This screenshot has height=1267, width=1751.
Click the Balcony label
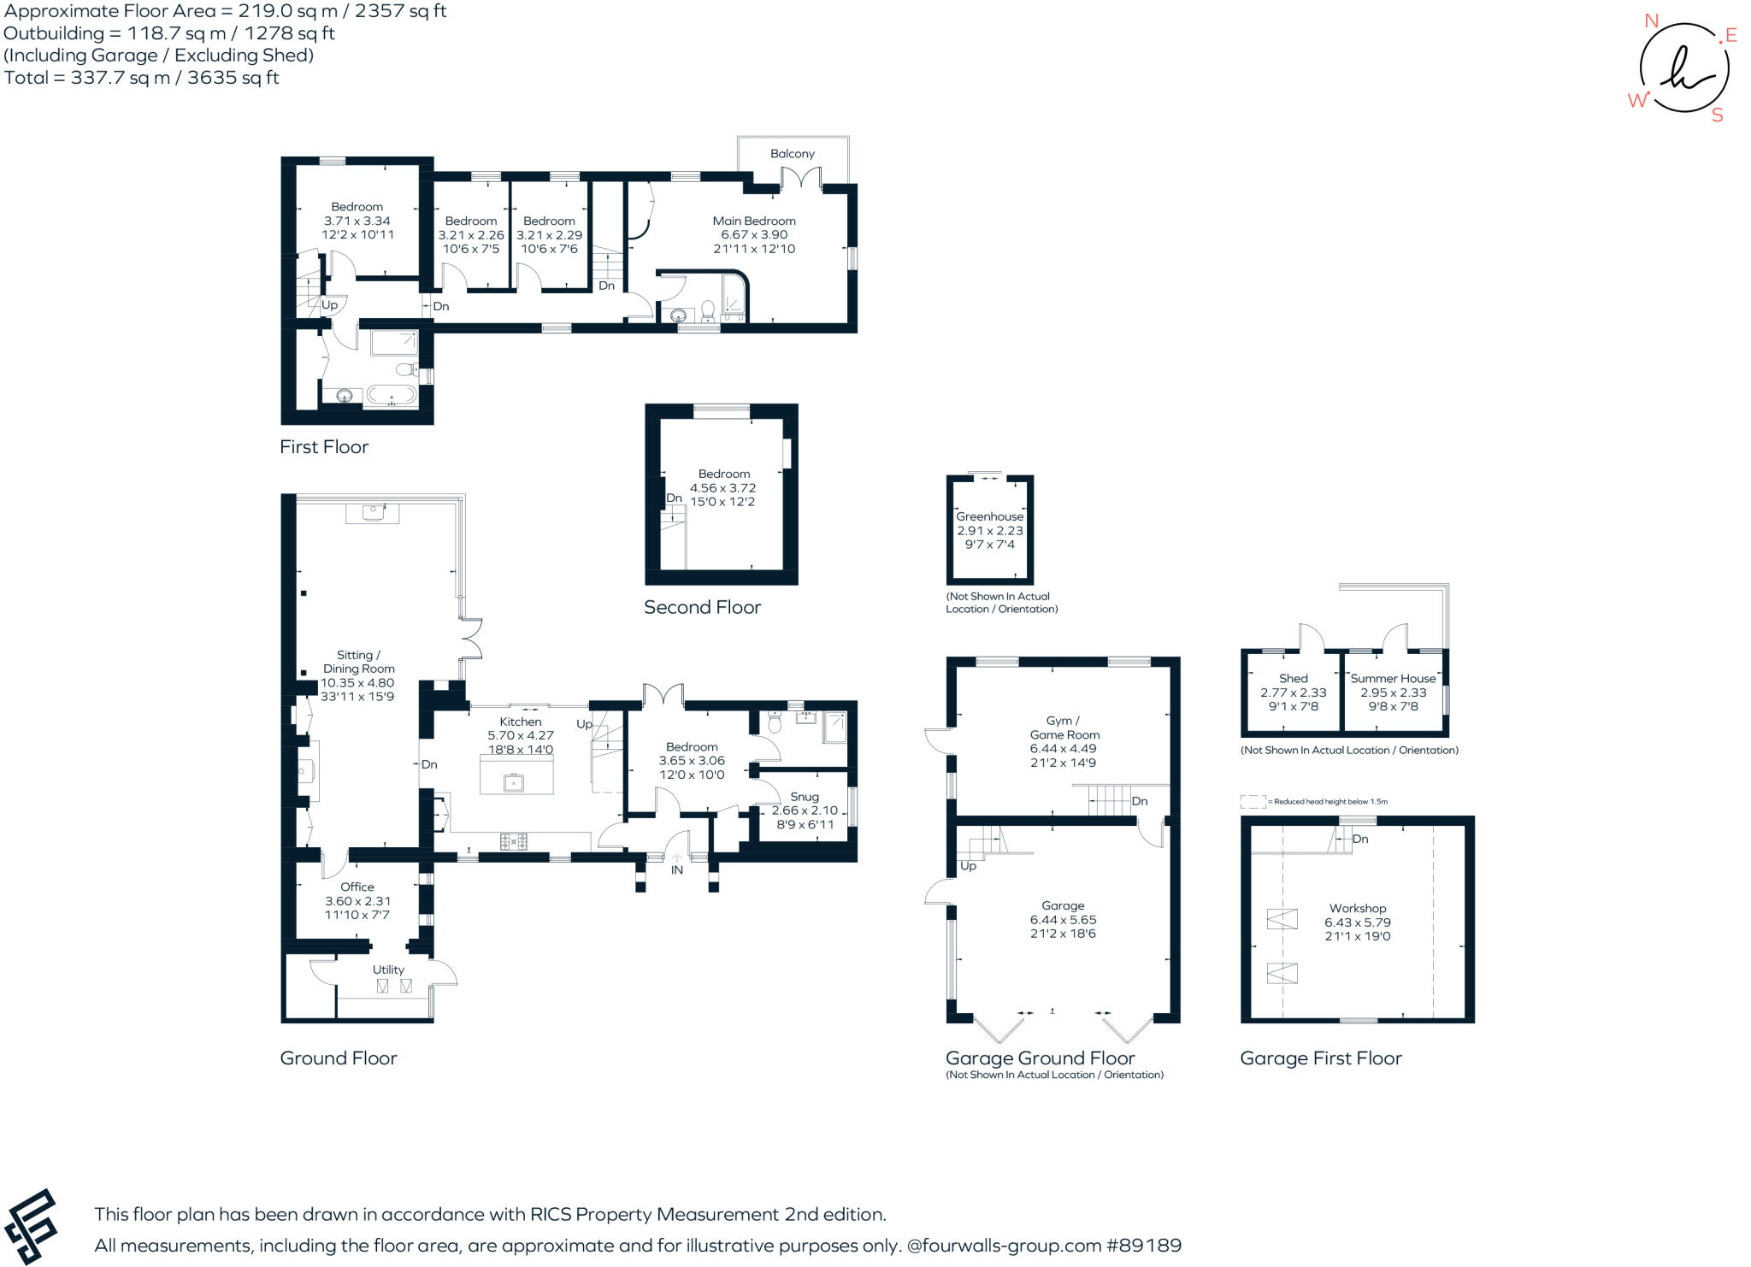793,154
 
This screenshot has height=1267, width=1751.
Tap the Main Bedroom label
754,221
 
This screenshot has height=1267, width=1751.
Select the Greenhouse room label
990,516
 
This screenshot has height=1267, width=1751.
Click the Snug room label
805,797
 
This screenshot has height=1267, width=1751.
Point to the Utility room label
388,969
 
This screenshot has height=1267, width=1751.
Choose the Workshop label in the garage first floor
1358,908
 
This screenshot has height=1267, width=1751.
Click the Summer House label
1394,679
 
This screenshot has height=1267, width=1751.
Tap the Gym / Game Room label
1065,728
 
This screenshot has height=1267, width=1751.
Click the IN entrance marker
677,870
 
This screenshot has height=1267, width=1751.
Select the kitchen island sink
514,781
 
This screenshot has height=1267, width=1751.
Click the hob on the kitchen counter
513,842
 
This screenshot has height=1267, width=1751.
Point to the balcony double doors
801,179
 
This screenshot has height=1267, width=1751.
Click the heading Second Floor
702,608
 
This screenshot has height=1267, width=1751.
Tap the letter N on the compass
1652,21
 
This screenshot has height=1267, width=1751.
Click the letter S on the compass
1717,115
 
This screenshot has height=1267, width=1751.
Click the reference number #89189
1144,1246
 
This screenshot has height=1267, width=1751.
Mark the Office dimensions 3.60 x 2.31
357,901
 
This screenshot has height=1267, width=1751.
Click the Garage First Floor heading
1321,1058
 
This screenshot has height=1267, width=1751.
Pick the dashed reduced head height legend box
1253,802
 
